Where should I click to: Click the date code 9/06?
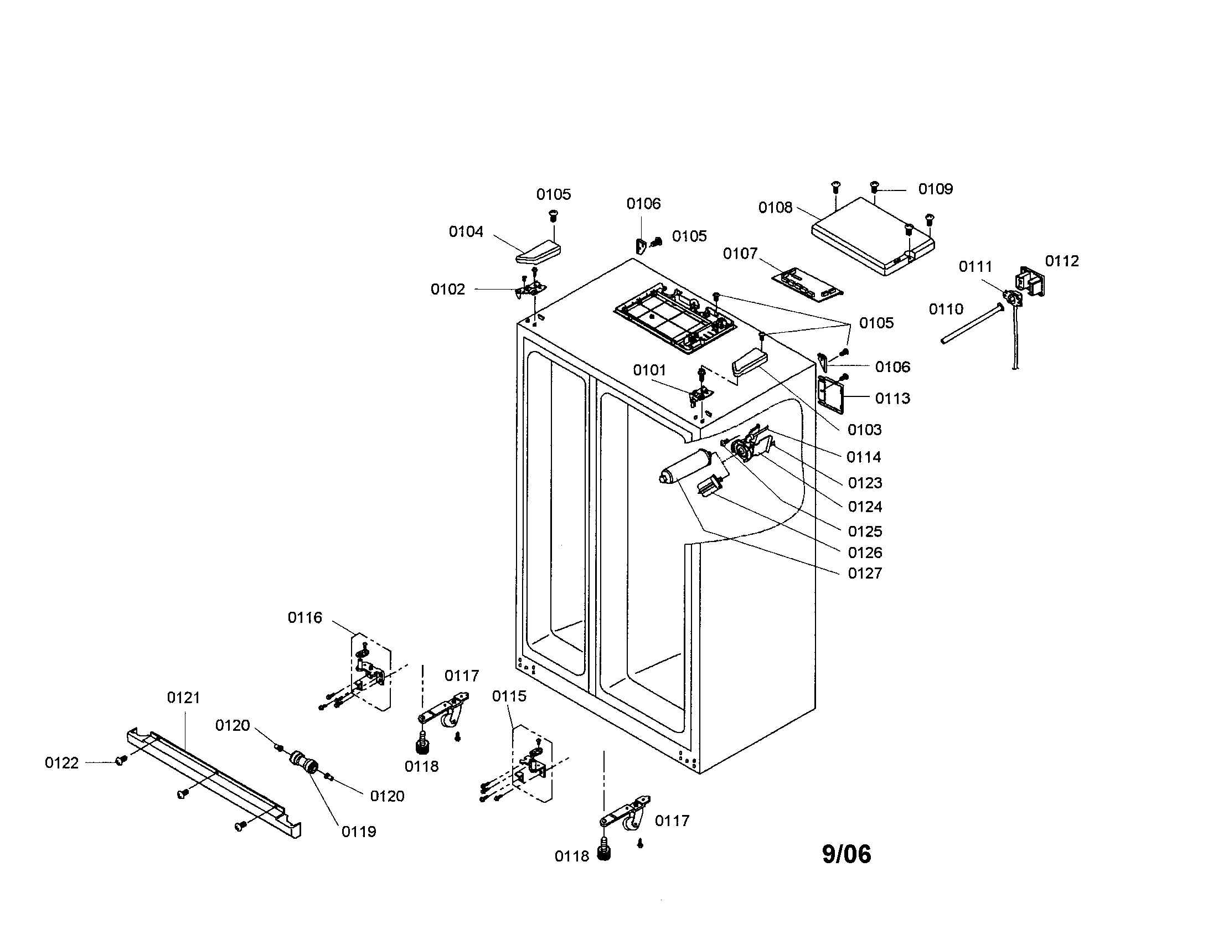[846, 854]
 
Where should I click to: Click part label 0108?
[775, 208]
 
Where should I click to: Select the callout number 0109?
[935, 189]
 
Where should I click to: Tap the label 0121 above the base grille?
[183, 698]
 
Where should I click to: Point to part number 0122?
[61, 763]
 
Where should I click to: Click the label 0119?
[359, 832]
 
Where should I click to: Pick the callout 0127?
[864, 573]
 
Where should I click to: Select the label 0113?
[892, 398]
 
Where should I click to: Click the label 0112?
[1062, 261]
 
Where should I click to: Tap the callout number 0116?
[304, 617]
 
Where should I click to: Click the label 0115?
[509, 696]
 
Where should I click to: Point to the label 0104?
[466, 231]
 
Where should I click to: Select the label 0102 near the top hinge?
[447, 289]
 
